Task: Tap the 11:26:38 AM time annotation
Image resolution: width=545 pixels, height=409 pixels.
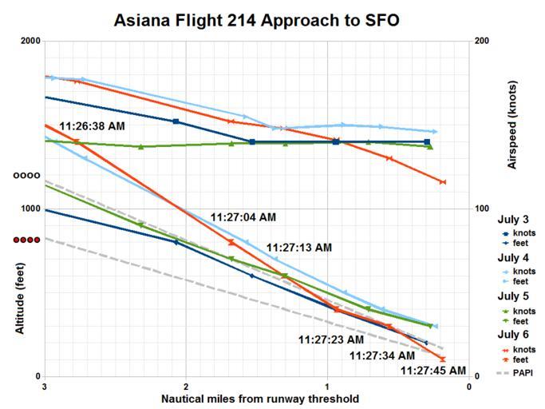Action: pyautogui.click(x=93, y=125)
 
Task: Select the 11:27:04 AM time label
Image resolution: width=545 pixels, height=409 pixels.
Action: pyautogui.click(x=243, y=216)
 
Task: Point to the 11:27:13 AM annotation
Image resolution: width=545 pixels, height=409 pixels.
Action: pyautogui.click(x=298, y=248)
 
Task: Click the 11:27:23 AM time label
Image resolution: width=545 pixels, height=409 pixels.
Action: pyautogui.click(x=331, y=340)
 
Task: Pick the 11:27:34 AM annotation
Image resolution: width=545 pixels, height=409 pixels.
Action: pyautogui.click(x=382, y=355)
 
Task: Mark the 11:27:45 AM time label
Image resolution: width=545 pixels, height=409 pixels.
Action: pyautogui.click(x=432, y=370)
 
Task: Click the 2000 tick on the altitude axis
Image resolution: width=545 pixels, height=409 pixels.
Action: pyautogui.click(x=30, y=42)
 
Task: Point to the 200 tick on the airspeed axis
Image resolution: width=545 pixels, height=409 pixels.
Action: pyautogui.click(x=483, y=42)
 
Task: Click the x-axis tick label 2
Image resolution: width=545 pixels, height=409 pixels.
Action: pyautogui.click(x=186, y=387)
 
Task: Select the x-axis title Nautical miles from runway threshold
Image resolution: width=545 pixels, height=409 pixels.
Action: pyautogui.click(x=260, y=399)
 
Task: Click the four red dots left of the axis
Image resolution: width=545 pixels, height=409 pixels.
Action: pyautogui.click(x=26, y=240)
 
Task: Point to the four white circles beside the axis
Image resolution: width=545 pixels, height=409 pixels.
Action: pyautogui.click(x=26, y=175)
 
